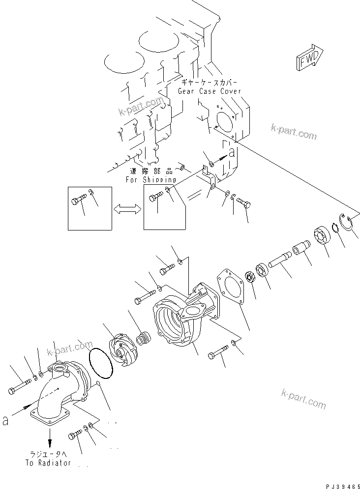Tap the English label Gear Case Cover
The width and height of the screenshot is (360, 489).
(210, 91)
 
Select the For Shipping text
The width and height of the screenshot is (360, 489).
(150, 180)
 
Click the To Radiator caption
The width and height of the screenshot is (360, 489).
(48, 463)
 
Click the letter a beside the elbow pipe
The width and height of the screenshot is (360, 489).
(5, 421)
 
